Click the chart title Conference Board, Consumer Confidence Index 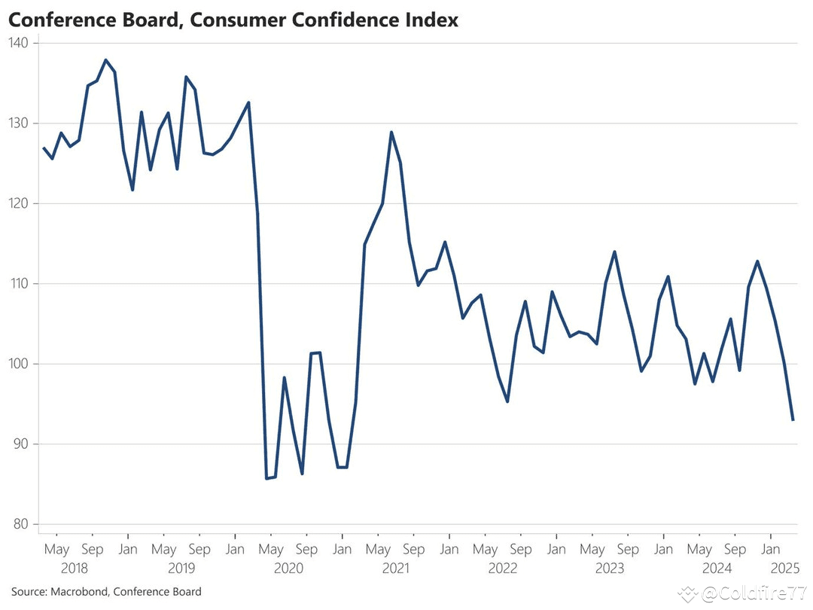233,20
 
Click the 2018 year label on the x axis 74,569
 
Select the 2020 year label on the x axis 288,569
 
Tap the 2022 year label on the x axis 503,569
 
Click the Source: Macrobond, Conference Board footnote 106,592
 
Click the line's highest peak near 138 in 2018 105,59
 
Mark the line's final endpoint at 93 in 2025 793,419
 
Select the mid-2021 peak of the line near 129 391,133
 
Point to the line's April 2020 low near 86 266,478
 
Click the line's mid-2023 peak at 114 615,252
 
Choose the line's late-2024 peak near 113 757,261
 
